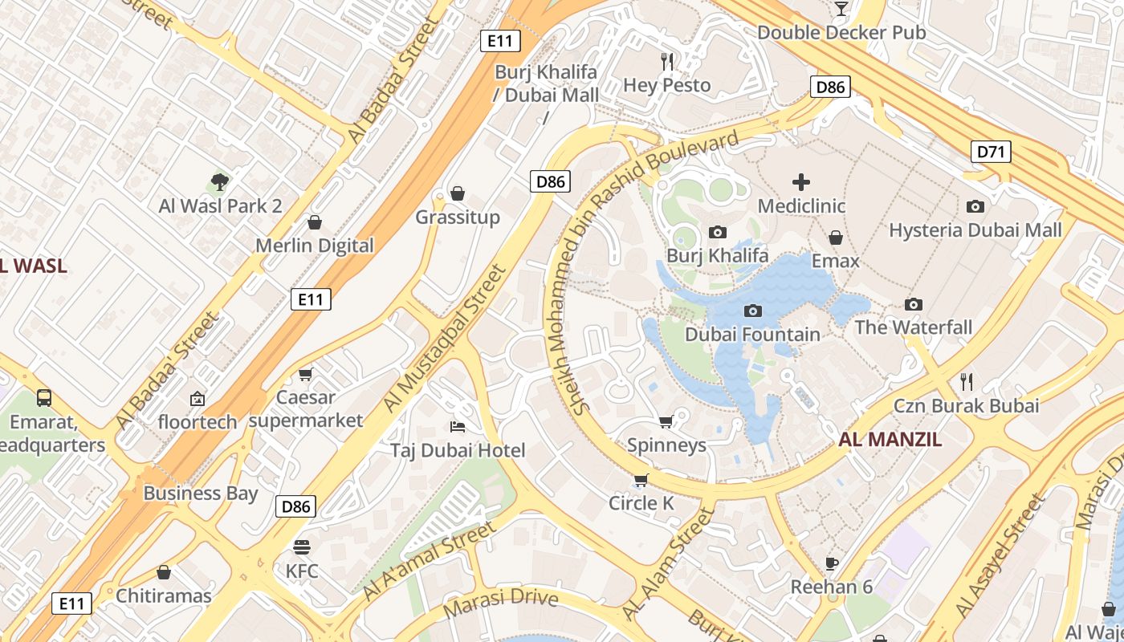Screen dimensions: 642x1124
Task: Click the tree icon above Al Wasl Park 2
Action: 219,182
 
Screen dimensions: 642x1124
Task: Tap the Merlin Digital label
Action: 315,246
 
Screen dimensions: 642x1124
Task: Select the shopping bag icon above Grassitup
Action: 458,193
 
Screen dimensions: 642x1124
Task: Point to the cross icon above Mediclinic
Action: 800,182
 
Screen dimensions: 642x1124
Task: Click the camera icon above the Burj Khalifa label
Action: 718,232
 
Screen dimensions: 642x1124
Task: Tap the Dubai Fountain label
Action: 752,335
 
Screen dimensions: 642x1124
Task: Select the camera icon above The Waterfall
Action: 913,304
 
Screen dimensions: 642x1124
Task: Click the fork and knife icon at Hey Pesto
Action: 666,61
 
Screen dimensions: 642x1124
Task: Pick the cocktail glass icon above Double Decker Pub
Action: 841,9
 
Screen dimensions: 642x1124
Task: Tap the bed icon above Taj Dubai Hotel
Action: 458,426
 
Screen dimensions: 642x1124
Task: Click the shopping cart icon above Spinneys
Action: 666,421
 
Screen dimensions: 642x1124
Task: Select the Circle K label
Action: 641,503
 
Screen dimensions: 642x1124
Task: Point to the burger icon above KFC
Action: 302,547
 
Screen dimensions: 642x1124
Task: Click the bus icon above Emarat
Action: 44,397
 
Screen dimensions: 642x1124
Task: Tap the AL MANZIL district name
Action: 890,440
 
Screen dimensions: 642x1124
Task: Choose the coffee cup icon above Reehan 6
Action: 831,563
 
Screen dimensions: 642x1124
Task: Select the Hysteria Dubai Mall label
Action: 975,230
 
